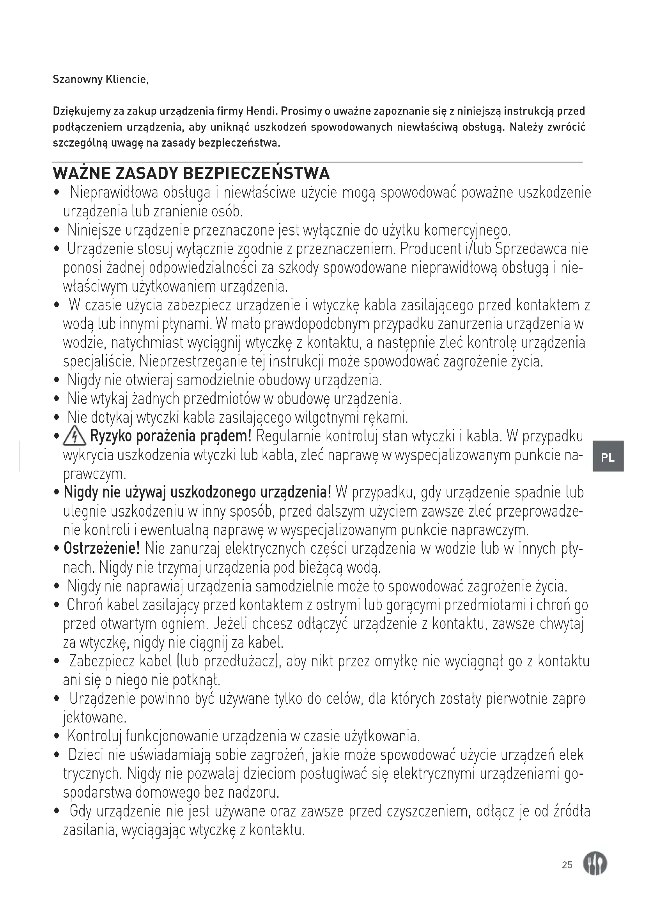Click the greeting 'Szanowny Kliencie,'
point(101,80)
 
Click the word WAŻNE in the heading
point(82,174)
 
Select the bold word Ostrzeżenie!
point(102,549)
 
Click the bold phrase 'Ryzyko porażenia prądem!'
point(171,437)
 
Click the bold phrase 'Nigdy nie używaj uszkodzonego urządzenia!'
point(197,493)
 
